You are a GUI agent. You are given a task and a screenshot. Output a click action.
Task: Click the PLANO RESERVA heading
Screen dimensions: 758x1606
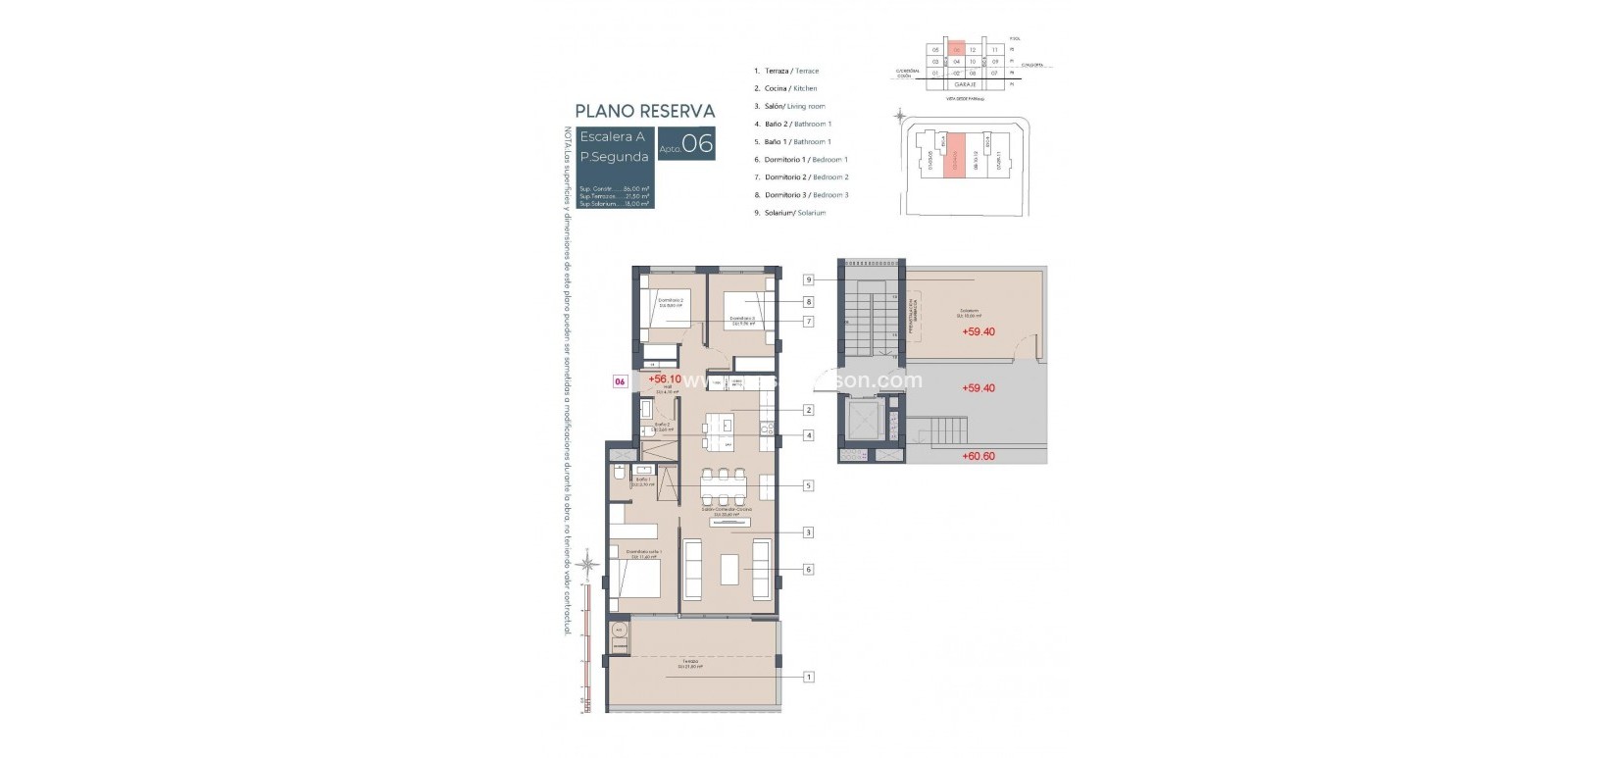click(644, 111)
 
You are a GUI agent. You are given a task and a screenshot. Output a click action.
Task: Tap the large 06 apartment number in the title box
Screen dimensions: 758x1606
click(697, 144)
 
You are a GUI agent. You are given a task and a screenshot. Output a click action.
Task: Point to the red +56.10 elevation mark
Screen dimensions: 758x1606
click(664, 379)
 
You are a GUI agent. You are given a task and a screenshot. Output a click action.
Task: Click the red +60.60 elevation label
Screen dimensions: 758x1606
click(978, 456)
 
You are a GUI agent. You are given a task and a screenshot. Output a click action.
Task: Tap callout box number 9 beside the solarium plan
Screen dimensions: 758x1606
click(809, 279)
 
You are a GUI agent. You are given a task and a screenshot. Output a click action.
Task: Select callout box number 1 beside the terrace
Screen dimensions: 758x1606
click(809, 677)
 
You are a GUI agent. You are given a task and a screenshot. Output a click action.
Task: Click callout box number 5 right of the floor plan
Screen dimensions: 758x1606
click(809, 485)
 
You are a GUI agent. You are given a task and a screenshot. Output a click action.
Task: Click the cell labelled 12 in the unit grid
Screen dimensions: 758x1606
click(972, 49)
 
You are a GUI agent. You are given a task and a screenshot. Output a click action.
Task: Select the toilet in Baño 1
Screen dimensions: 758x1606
click(620, 475)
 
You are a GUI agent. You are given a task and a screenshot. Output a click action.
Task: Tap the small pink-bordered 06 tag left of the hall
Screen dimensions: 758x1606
click(620, 381)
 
